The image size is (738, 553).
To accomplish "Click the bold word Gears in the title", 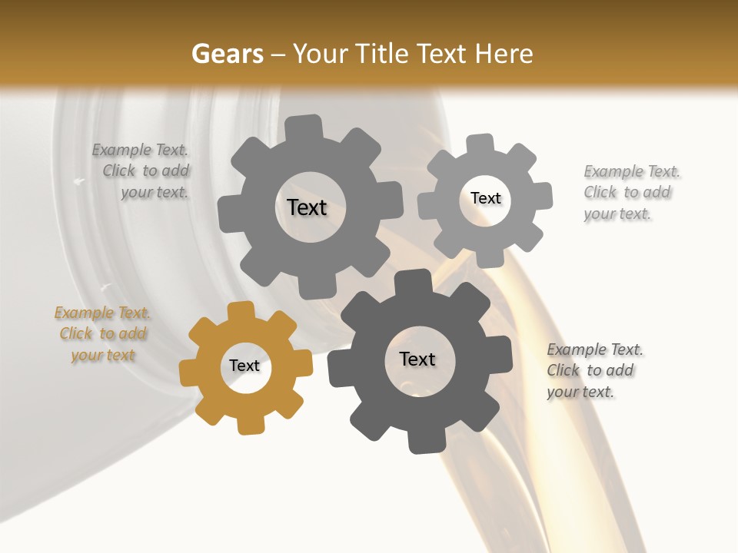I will [x=228, y=54].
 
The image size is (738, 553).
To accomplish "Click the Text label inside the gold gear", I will [x=244, y=366].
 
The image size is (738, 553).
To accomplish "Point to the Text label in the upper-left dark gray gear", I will [x=307, y=207].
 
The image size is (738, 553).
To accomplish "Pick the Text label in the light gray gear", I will [x=486, y=198].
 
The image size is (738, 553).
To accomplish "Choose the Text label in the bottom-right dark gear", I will [x=417, y=359].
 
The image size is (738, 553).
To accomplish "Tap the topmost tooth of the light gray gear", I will [x=480, y=144].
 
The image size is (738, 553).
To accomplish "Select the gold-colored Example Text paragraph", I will [x=103, y=334].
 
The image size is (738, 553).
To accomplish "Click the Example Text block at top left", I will [x=143, y=171].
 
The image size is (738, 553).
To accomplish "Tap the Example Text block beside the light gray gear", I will [x=630, y=193].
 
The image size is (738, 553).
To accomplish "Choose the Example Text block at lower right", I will [x=593, y=371].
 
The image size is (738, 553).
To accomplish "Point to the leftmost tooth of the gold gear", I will [x=189, y=373].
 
